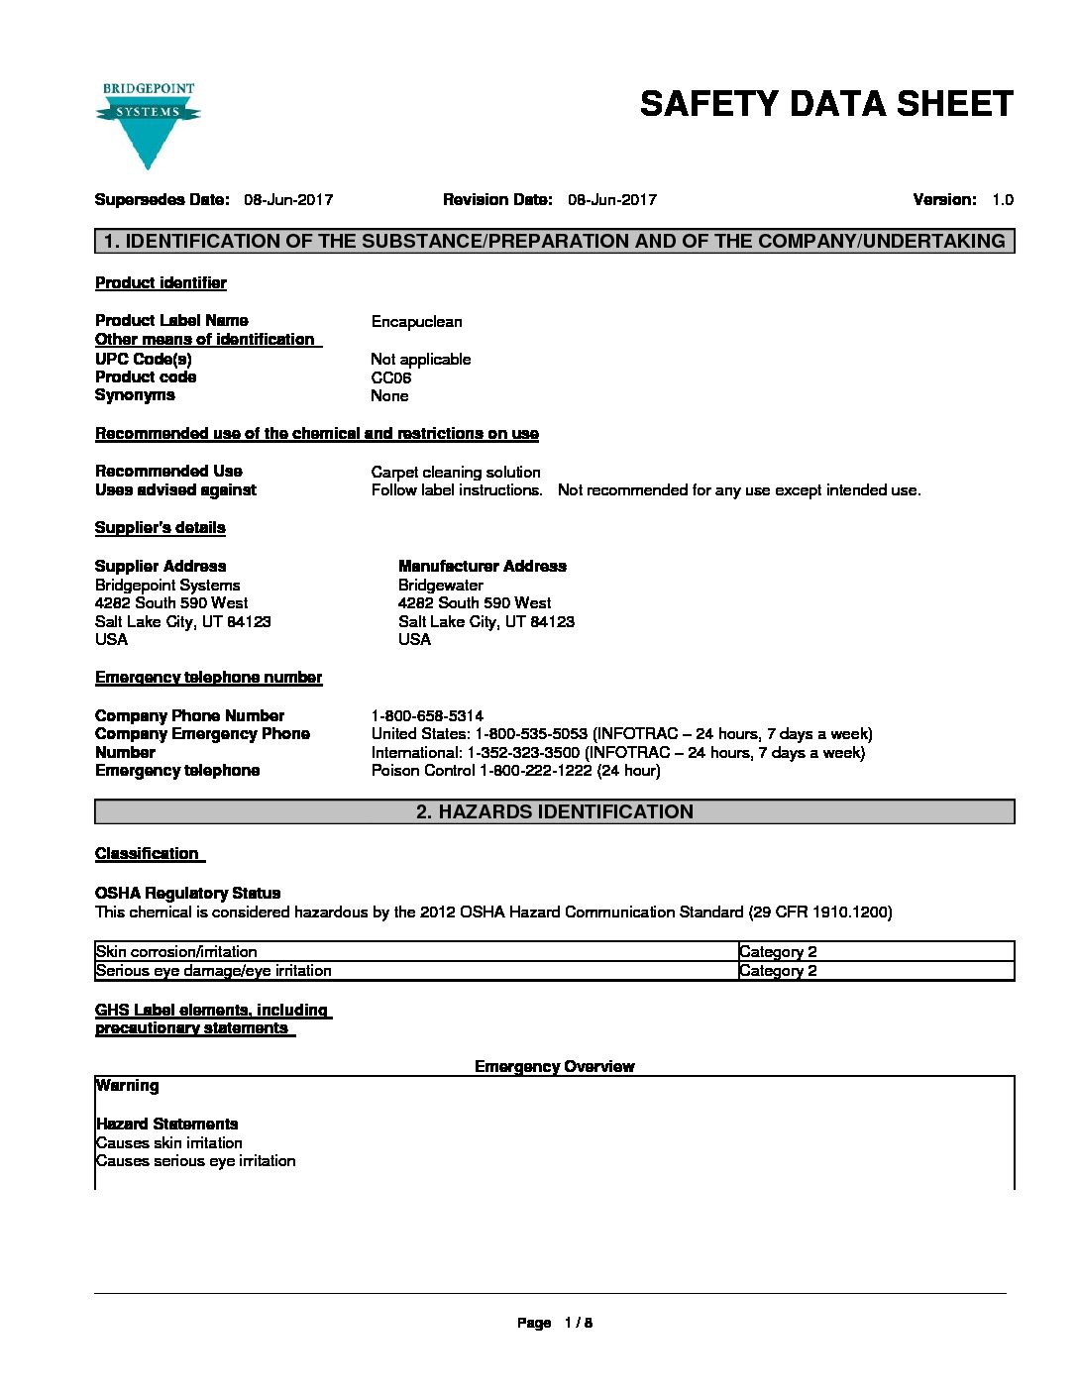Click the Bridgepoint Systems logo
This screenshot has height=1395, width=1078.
point(148,124)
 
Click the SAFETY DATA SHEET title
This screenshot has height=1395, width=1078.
point(826,104)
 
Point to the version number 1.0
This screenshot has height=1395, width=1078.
point(1002,200)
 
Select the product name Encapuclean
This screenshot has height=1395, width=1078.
point(416,322)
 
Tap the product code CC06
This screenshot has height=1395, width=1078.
point(390,377)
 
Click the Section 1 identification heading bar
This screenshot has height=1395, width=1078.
point(554,241)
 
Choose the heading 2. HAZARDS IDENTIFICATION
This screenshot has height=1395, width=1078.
point(554,812)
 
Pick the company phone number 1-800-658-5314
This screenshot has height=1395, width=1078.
point(427,715)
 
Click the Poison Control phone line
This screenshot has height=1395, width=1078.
point(515,771)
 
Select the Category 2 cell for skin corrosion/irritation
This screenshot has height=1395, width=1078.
point(778,952)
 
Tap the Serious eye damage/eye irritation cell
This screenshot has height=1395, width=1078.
point(214,971)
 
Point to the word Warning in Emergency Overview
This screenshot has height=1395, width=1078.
point(127,1086)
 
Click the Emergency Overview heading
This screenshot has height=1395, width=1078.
point(554,1066)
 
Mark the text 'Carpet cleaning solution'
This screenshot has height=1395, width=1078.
point(456,473)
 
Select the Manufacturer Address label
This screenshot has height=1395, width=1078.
point(483,567)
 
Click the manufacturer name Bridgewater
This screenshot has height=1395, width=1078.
point(440,586)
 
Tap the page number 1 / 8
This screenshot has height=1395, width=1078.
point(578,1323)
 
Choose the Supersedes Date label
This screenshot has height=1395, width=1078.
point(162,200)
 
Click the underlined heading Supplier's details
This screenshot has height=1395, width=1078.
point(160,528)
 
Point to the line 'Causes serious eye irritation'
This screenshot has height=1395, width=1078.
point(195,1161)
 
